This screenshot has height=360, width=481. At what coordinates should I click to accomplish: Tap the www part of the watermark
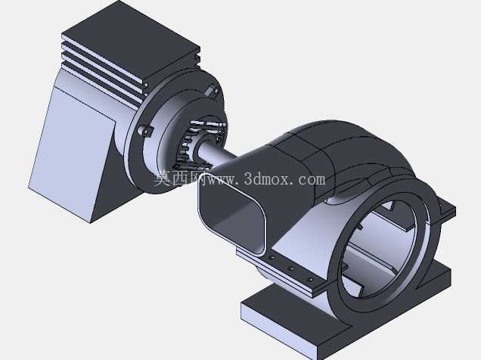[222, 180]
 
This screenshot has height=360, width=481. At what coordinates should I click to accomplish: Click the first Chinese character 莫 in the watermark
[163, 178]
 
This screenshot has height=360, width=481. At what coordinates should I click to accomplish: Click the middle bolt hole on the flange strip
[291, 268]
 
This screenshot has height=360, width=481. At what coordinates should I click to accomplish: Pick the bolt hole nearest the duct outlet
[272, 258]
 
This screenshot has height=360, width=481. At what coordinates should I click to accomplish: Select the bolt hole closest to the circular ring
[310, 280]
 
